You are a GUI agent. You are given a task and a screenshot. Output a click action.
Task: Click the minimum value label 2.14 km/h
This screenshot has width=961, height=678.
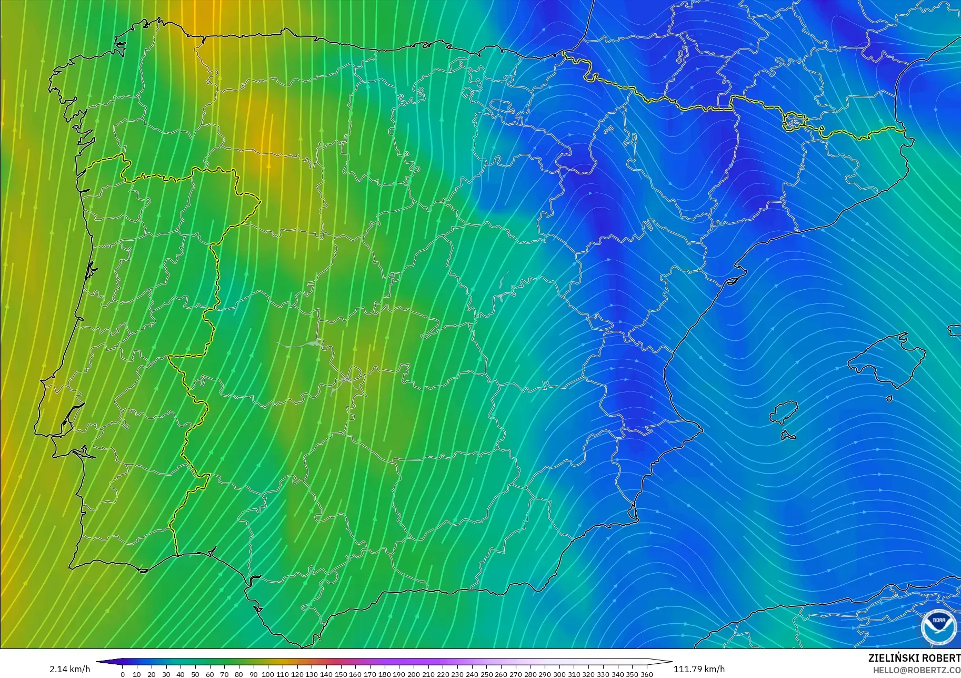coord(70,669)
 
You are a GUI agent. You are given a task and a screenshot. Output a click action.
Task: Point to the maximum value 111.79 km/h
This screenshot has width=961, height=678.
coord(699,669)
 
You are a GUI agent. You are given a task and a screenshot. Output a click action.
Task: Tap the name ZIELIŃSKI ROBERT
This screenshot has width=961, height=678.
coord(914,659)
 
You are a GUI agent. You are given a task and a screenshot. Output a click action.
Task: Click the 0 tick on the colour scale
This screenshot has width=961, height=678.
coord(123,674)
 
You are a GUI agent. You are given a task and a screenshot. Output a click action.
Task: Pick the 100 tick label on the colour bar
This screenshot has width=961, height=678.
coord(268,674)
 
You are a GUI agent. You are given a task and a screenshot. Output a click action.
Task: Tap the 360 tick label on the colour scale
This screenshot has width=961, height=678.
coord(647,674)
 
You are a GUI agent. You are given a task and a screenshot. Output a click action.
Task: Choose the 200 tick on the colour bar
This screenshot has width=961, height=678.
coord(414,674)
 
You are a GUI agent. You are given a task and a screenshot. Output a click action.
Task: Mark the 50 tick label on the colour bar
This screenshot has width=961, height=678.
coord(195,674)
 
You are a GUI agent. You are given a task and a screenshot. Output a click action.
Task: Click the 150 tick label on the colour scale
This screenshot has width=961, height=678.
coord(341,674)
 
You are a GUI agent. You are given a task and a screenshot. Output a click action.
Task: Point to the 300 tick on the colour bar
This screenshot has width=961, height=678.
coord(559,674)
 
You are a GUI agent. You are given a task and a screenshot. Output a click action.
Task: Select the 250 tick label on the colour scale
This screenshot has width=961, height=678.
coord(487,674)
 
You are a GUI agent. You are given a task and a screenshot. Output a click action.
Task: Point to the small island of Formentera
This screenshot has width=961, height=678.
coord(788,436)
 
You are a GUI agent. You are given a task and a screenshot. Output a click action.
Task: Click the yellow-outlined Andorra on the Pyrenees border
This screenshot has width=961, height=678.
coord(794,122)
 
